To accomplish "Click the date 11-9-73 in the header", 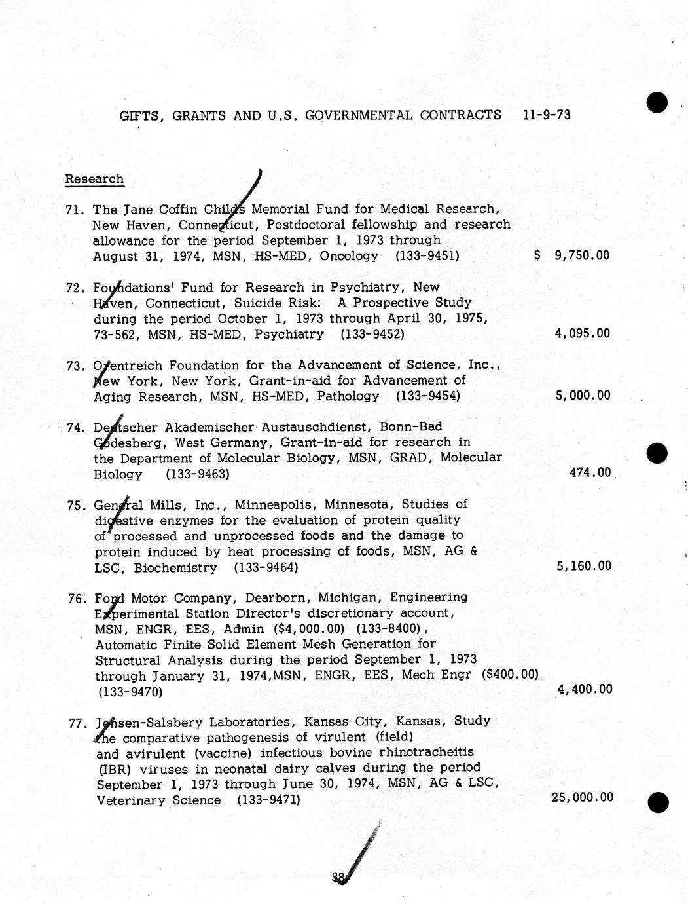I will pos(547,115).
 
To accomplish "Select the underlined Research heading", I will pos(94,179).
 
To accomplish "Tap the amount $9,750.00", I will pos(572,255).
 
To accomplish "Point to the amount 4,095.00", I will pos(582,333).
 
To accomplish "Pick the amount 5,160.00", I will pos(583,566).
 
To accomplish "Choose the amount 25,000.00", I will pos(583,797).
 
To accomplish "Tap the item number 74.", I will pos(77,428).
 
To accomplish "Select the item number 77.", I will pos(78,723).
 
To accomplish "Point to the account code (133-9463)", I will pos(197,474).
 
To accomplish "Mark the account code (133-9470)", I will pos(130,692).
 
